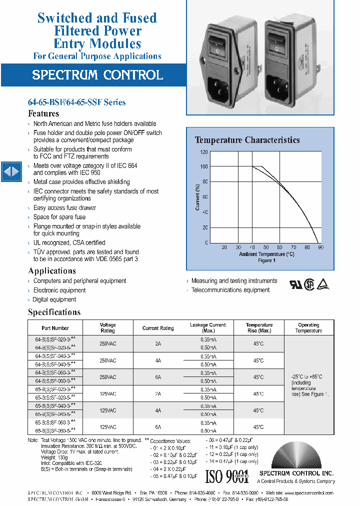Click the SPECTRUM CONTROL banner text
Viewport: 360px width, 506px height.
point(97,75)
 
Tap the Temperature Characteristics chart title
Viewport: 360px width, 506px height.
point(247,140)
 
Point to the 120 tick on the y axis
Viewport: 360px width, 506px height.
point(204,151)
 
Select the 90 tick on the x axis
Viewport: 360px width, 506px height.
point(320,247)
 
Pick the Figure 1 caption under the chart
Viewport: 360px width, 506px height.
point(265,260)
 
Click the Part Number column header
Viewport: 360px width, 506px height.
point(55,328)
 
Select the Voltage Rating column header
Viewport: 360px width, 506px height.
point(107,327)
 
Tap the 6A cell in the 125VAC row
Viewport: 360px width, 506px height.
point(158,427)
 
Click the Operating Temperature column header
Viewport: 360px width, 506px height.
point(308,327)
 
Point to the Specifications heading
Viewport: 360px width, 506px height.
point(54,312)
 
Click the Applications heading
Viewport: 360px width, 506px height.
point(52,271)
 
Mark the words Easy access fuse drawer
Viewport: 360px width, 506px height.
point(64,208)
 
